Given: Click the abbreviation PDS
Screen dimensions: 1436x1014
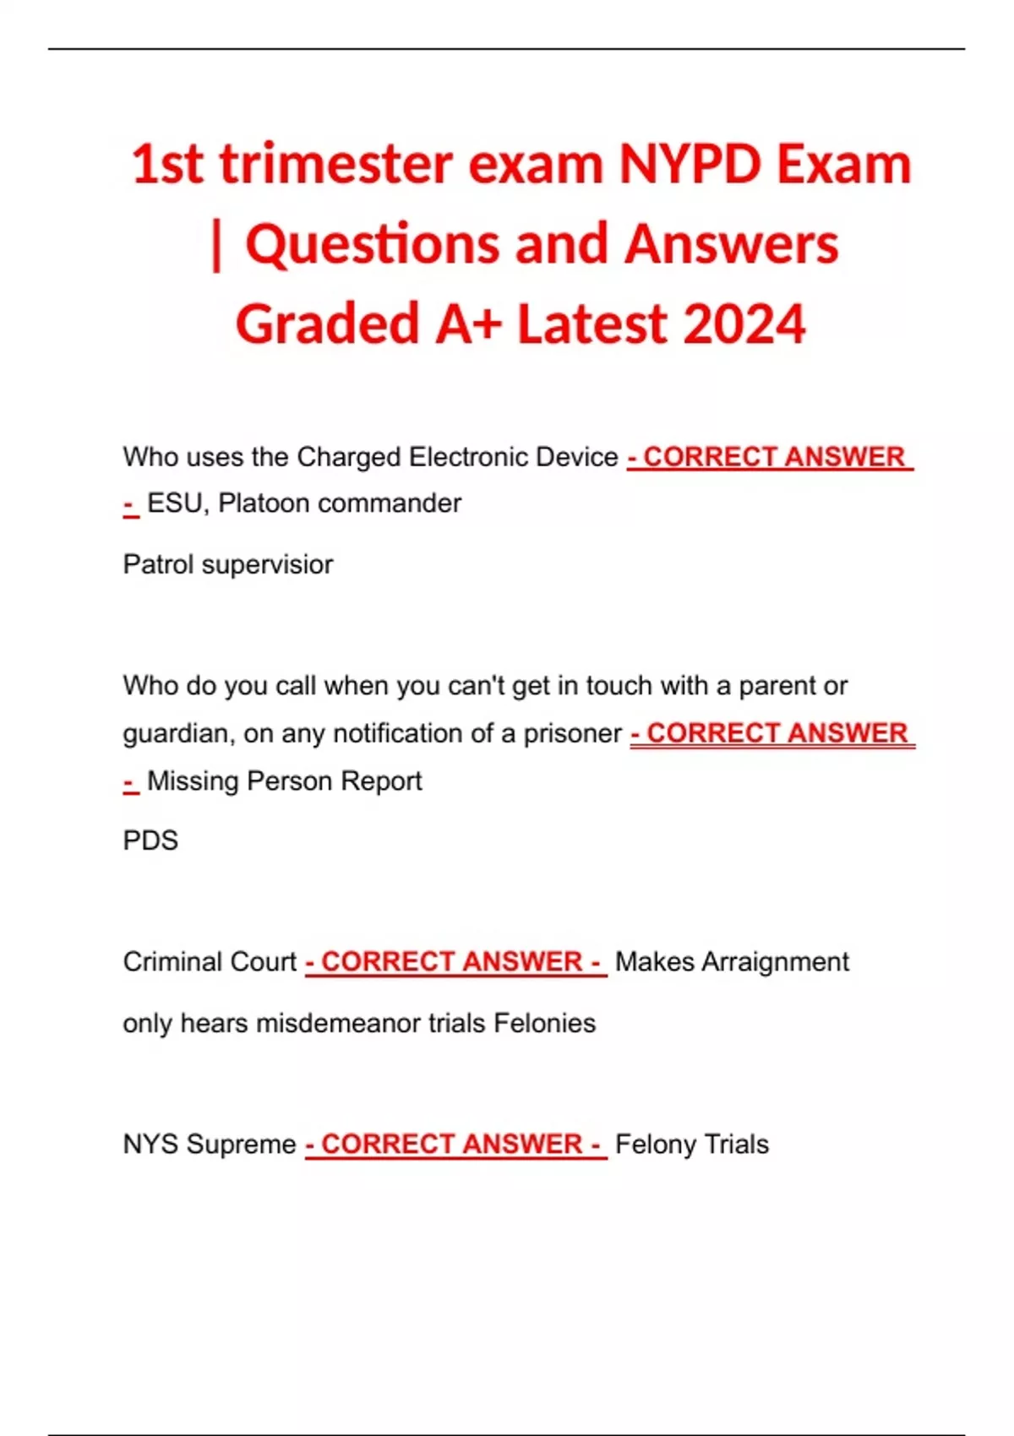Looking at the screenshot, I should click(x=150, y=840).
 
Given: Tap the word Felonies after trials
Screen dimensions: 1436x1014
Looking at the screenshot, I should click(x=544, y=1023).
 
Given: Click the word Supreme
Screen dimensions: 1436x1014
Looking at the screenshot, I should click(x=241, y=1145).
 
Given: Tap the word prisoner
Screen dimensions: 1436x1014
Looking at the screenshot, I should click(x=572, y=733).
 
